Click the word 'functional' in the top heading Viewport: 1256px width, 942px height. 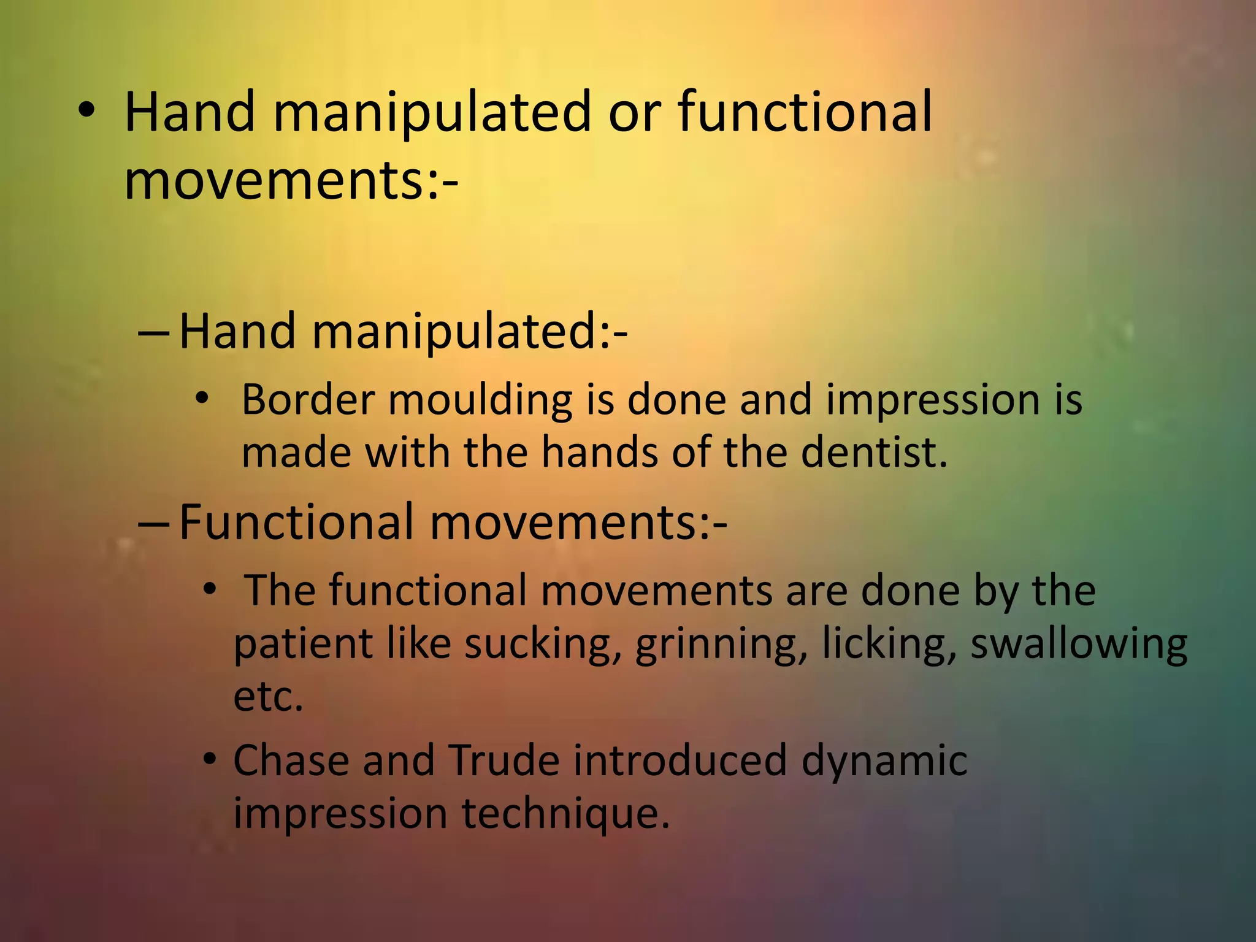pyautogui.click(x=805, y=112)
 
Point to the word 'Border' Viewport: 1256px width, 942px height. pyautogui.click(x=308, y=400)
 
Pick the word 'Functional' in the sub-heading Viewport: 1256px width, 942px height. pyautogui.click(x=296, y=522)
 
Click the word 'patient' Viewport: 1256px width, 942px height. pyautogui.click(x=303, y=645)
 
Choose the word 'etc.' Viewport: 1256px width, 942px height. pyautogui.click(x=269, y=697)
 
